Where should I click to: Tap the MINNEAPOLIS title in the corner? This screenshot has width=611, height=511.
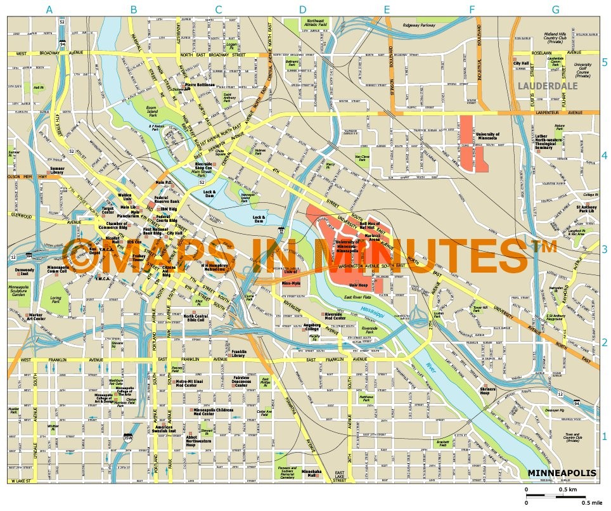pos(562,473)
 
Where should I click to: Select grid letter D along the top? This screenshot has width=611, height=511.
pos(302,10)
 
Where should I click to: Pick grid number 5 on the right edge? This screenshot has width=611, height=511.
pos(604,62)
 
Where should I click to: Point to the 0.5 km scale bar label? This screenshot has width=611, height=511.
pos(567,490)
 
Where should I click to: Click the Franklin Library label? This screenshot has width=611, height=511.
pos(238,354)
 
